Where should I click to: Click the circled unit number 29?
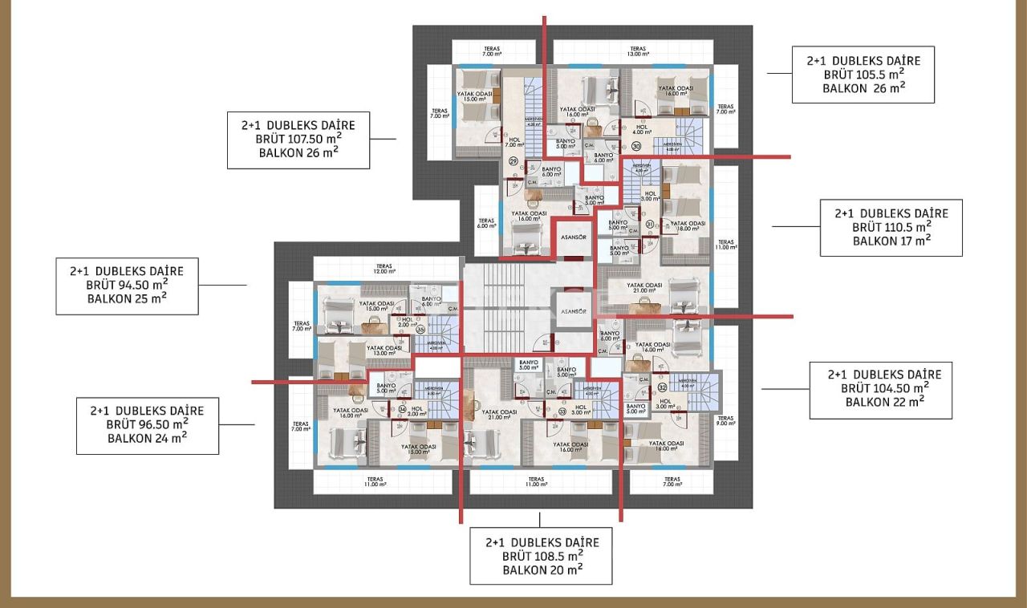point(514,161)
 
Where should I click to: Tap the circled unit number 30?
point(635,147)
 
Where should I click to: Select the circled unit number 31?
point(651,225)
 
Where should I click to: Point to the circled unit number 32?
point(662,387)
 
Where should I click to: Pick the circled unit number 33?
point(562,412)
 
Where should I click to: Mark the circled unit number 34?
point(402,410)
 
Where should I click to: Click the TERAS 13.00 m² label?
point(638,51)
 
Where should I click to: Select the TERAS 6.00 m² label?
point(486,223)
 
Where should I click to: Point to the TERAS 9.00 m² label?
point(725,421)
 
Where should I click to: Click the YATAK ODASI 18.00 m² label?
point(688,227)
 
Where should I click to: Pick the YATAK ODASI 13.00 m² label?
point(384,351)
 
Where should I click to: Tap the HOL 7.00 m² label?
point(514,142)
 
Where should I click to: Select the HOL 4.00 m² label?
point(642,129)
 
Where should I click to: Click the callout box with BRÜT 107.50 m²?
point(298,140)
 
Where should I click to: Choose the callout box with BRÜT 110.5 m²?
point(891,227)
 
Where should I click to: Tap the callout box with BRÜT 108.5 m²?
point(542,555)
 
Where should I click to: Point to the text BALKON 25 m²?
point(127,298)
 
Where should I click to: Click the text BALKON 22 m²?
point(880,402)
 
